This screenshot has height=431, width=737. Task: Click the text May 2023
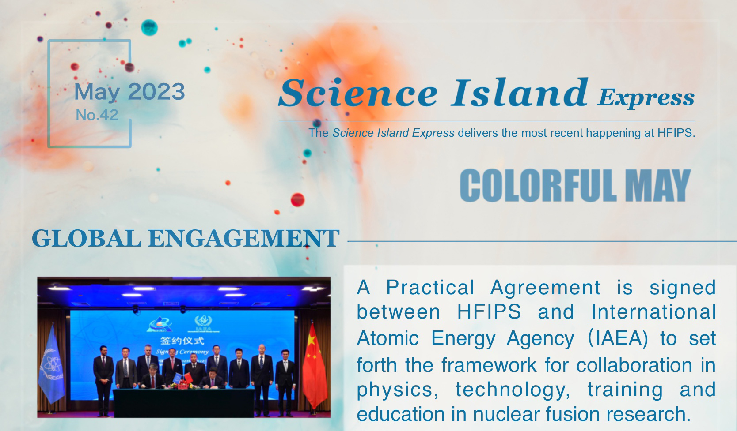[129, 92]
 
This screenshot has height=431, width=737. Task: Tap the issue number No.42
[97, 115]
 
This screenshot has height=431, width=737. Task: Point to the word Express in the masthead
[646, 97]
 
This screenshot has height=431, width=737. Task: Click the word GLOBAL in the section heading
[87, 238]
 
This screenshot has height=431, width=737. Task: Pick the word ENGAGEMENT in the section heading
[244, 238]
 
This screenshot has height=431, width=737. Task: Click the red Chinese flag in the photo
[314, 366]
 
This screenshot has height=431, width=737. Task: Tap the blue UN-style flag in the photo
[51, 365]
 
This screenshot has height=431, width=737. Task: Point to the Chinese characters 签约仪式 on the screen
[182, 341]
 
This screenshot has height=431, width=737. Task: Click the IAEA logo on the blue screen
[203, 323]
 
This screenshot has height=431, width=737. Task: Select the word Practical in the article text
[430, 288]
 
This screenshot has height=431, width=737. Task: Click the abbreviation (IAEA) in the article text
[618, 338]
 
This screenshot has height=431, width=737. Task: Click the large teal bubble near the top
[149, 28]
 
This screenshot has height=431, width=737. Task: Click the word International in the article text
[653, 311]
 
